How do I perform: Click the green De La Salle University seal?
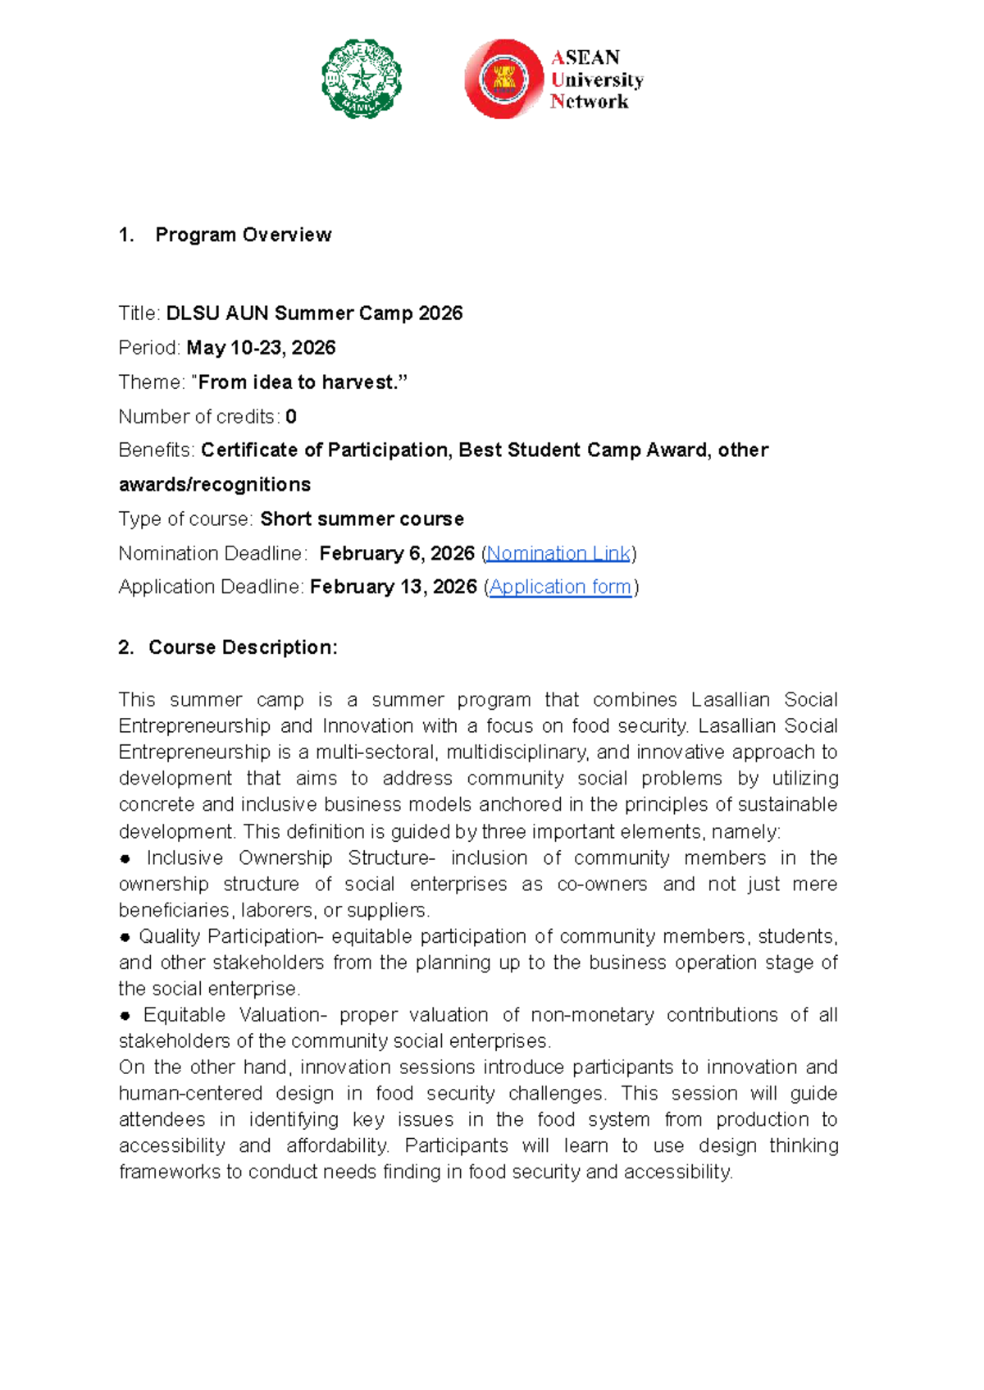[362, 79]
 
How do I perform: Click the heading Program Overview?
[243, 235]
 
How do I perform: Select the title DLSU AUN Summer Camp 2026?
[314, 313]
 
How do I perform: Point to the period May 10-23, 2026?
[261, 348]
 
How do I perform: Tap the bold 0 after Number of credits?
[291, 417]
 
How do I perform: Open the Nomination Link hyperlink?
[558, 554]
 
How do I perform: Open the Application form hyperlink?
[560, 588]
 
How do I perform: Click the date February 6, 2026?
[397, 554]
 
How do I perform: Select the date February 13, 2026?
[394, 588]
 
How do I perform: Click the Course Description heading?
[243, 647]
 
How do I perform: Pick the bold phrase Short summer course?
[362, 519]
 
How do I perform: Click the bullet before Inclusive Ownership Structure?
[125, 859]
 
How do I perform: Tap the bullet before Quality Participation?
[125, 937]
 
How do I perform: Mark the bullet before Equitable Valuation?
[125, 1016]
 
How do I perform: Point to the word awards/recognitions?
[215, 485]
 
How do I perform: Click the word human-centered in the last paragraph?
[190, 1094]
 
